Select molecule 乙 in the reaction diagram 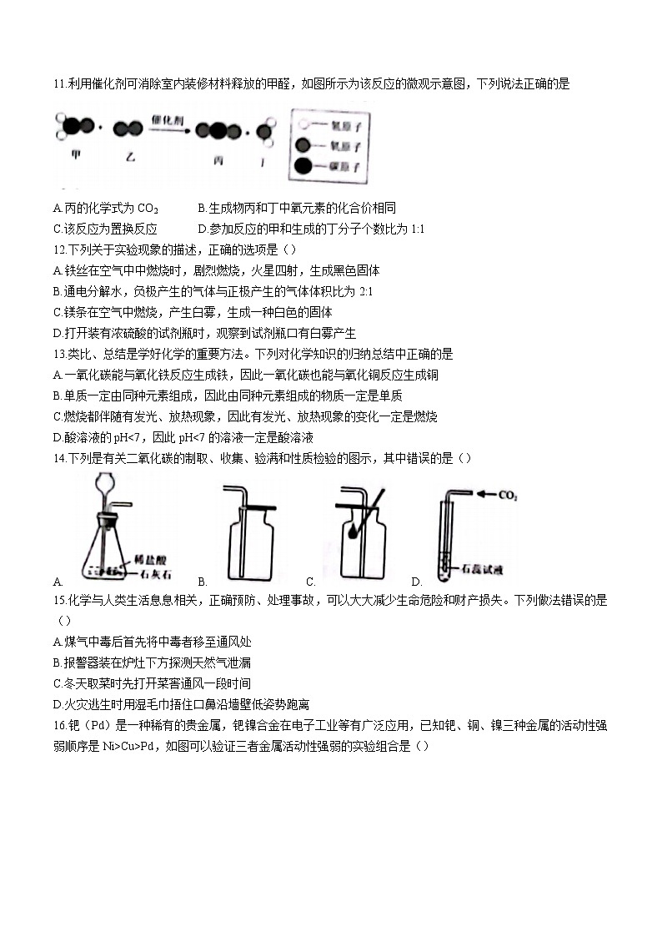pos(128,129)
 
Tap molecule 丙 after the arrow pos(219,131)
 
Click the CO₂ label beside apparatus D pos(506,496)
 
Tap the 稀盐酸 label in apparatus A pos(148,561)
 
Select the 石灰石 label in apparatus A pos(148,573)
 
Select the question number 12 pos(58,249)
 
